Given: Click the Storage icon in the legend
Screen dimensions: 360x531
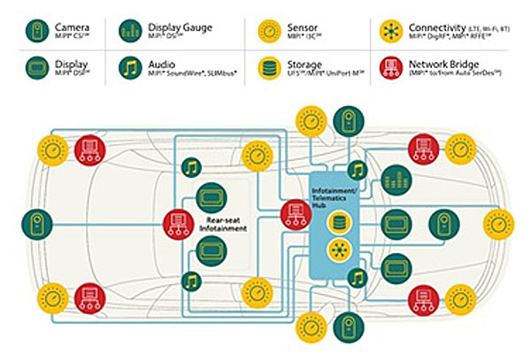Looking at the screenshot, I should (x=269, y=69).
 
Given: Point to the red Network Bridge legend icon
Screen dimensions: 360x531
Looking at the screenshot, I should (x=391, y=69).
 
